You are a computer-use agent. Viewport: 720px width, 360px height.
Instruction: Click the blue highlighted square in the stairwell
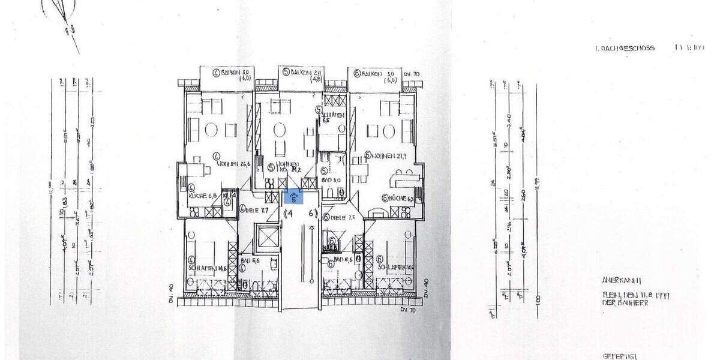click(x=293, y=196)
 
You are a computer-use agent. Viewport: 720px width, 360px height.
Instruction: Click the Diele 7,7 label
click(x=254, y=211)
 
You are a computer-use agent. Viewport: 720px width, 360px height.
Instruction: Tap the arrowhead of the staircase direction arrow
click(x=311, y=227)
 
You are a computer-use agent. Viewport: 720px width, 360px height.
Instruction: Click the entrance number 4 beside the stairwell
click(x=289, y=212)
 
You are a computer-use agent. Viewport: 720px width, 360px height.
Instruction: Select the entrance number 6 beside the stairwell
click(x=311, y=212)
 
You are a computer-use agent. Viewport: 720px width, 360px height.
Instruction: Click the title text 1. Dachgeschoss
click(x=623, y=48)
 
